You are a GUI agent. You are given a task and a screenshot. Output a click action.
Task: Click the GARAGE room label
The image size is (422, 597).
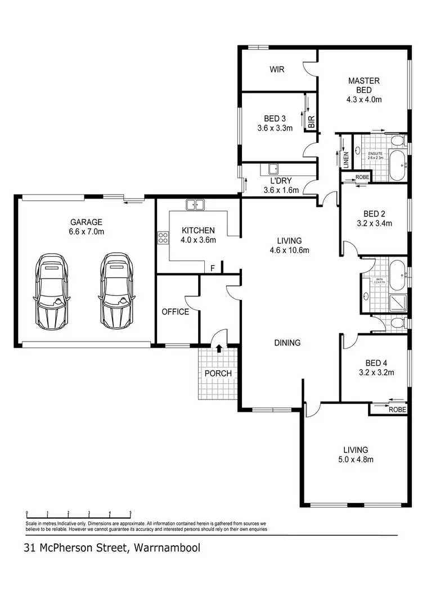(86, 222)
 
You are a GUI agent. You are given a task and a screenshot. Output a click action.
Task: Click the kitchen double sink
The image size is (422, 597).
(195, 205)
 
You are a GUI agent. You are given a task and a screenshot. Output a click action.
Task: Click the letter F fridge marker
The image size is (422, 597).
(212, 269)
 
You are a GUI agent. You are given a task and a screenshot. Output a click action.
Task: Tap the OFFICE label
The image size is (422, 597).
(176, 311)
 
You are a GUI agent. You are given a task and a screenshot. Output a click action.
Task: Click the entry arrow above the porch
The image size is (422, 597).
(218, 349)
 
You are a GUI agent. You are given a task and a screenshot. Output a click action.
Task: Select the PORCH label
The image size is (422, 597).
(218, 373)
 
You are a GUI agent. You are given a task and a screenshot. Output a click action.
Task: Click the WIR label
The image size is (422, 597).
(276, 70)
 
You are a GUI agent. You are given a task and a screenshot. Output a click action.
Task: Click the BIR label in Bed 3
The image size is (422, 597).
(311, 121)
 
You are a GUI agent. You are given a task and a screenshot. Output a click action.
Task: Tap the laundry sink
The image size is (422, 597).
(273, 168)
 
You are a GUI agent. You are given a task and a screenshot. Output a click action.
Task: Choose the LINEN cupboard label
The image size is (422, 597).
(346, 160)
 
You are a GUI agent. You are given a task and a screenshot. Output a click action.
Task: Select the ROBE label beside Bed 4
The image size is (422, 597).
(397, 410)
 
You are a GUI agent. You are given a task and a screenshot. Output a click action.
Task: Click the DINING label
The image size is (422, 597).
(287, 343)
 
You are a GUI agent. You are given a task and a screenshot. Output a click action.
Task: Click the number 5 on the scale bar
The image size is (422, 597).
(131, 513)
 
